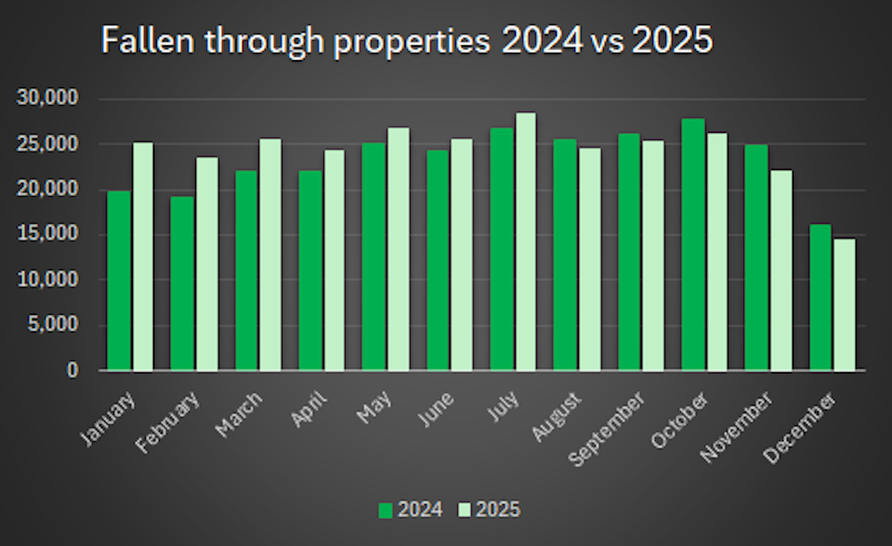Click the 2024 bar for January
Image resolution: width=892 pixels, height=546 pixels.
tap(119, 281)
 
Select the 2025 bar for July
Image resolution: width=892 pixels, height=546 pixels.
tap(525, 241)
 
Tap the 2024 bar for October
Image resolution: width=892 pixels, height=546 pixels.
tap(693, 244)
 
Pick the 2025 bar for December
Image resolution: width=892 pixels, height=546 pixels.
tap(844, 305)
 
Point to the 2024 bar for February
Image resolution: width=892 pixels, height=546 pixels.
tap(182, 283)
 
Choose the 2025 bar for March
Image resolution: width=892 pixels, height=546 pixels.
tap(270, 254)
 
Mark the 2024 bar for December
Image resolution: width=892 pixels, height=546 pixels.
tap(820, 297)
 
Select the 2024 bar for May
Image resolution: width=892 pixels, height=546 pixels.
tap(374, 256)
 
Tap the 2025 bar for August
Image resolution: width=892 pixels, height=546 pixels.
tap(589, 259)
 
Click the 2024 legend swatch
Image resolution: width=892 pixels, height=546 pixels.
tap(385, 510)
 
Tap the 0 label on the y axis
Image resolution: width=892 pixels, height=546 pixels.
tap(72, 370)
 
